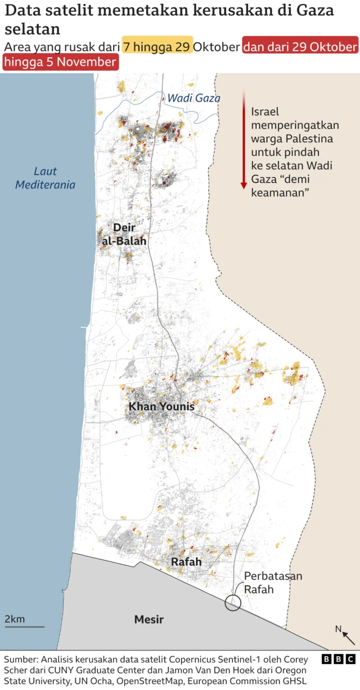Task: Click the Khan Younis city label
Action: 161,406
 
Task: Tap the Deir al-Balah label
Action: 124,234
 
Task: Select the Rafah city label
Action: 186,562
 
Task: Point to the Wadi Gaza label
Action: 193,98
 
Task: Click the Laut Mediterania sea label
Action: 45,178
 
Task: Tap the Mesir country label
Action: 149,619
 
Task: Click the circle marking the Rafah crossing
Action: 233,603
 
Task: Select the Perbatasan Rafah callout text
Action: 273,583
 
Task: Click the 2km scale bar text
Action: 15,619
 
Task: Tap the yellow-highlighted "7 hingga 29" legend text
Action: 157,46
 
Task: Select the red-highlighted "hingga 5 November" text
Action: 61,62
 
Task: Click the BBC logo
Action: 339,659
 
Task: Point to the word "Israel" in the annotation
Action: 265,111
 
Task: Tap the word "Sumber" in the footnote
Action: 21,659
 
